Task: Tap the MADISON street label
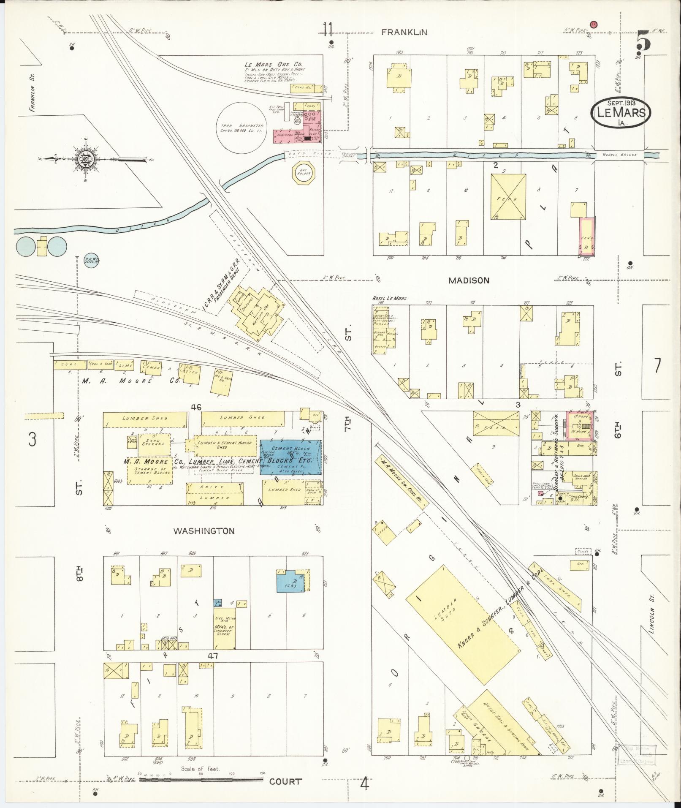click(x=469, y=280)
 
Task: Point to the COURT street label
click(x=285, y=781)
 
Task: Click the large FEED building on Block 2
click(x=508, y=197)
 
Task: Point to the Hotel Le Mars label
click(x=389, y=298)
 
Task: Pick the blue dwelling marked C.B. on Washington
click(x=291, y=582)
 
